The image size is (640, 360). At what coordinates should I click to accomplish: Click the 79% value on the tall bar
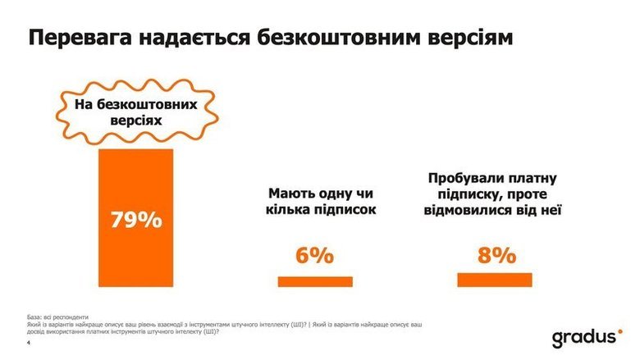click(136, 220)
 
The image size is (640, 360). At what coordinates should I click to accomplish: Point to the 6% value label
click(314, 255)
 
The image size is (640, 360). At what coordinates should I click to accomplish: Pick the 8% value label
click(496, 255)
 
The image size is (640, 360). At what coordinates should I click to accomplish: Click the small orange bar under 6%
click(315, 281)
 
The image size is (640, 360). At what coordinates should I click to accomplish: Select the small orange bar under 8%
click(495, 280)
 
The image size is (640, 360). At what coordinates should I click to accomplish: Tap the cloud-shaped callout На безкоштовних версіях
click(135, 112)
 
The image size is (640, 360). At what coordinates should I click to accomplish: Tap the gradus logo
click(586, 337)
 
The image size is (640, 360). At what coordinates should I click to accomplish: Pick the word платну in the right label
click(534, 177)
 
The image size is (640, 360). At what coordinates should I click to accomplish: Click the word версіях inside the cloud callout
click(135, 121)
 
